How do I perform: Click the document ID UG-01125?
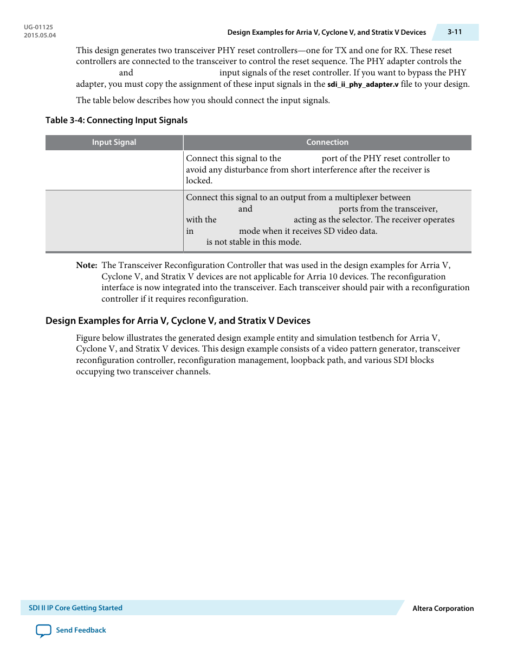coord(38,27)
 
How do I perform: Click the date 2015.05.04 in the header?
coord(40,35)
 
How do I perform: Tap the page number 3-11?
coord(455,32)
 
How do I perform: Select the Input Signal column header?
coord(114,142)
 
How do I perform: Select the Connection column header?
coord(327,142)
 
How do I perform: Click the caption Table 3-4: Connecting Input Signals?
coord(117,120)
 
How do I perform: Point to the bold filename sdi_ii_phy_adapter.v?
coord(363,84)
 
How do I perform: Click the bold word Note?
coord(87,265)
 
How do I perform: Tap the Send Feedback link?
coord(81,630)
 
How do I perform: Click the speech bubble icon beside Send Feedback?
coord(43,630)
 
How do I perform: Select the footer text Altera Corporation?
coord(443,608)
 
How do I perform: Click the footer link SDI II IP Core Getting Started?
coord(75,608)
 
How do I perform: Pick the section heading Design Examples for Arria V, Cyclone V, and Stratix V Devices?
coord(178,321)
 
